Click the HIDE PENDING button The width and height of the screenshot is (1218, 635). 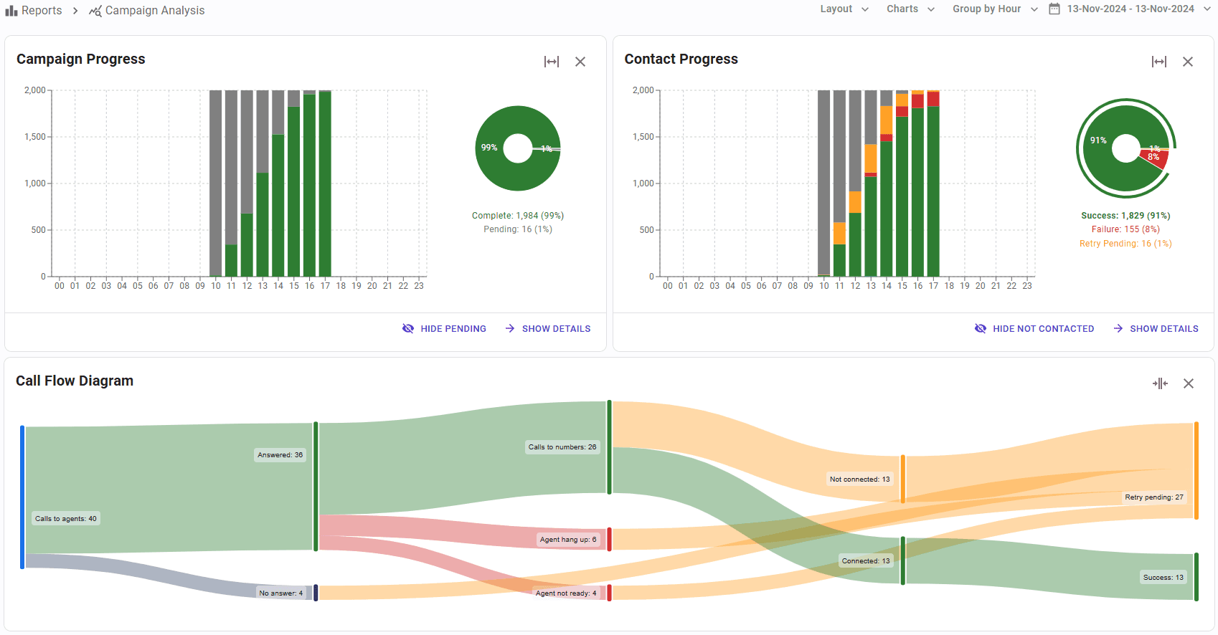(x=445, y=329)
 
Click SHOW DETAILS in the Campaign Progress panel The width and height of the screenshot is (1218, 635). (x=548, y=329)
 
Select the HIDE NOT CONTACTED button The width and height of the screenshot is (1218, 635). (x=1034, y=329)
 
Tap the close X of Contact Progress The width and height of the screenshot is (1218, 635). (x=1188, y=62)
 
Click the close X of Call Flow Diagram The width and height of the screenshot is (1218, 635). (x=1189, y=383)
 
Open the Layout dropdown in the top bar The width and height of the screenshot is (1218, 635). (x=844, y=9)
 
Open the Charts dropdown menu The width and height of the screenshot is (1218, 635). (x=910, y=9)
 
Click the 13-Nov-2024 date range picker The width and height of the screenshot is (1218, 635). (x=1130, y=9)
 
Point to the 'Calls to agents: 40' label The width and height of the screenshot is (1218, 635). (x=66, y=519)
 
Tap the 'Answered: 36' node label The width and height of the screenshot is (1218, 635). (x=280, y=455)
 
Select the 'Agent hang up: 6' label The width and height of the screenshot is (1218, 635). (x=568, y=540)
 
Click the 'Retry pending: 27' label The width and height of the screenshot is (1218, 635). (x=1154, y=497)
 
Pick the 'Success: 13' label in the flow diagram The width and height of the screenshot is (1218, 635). (x=1163, y=578)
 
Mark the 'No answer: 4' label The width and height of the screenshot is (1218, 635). (x=281, y=593)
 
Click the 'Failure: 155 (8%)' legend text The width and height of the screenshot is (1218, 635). (x=1125, y=229)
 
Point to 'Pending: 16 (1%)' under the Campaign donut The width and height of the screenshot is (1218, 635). (x=518, y=229)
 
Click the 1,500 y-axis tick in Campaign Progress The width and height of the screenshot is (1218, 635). (x=35, y=137)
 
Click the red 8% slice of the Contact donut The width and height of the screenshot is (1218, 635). (x=1155, y=158)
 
